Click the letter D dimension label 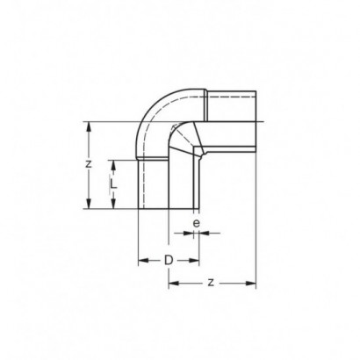point(169,260)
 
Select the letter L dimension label point(114,184)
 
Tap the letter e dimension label point(197,223)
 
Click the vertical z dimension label point(89,164)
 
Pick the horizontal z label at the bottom point(211,283)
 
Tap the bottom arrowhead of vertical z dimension point(89,203)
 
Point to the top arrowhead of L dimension point(113,166)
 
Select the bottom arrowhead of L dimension point(113,203)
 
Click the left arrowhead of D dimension point(144,260)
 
